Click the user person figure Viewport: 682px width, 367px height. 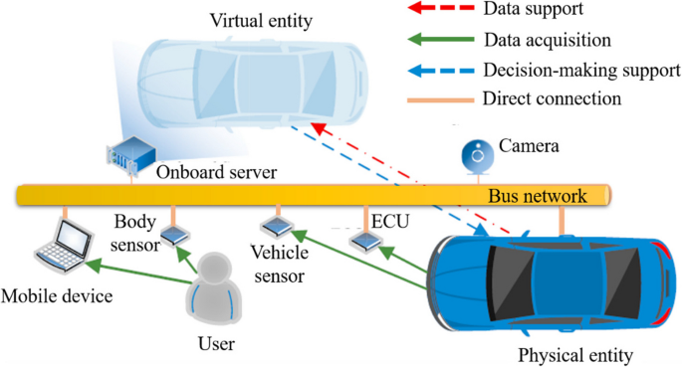[216, 289]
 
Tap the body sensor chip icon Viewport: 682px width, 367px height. [174, 235]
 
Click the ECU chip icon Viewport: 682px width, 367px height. [364, 241]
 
